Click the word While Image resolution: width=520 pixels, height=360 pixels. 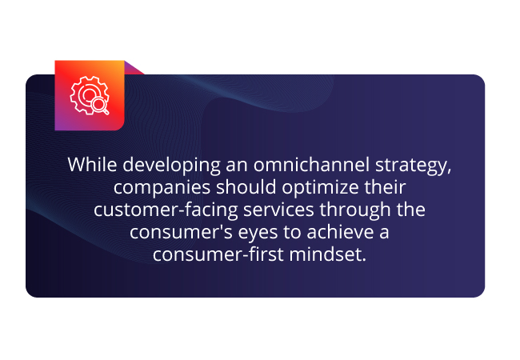pyautogui.click(x=92, y=165)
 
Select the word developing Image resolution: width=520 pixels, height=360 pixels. pyautogui.click(x=171, y=166)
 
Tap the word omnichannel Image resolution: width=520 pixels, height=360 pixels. pyautogui.click(x=311, y=165)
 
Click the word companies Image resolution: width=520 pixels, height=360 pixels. pyautogui.click(x=162, y=188)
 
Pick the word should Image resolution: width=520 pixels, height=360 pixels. pyautogui.click(x=246, y=187)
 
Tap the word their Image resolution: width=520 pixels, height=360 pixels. pyautogui.click(x=385, y=187)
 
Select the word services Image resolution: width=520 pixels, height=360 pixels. pyautogui.click(x=278, y=210)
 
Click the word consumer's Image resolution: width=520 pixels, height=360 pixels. pyautogui.click(x=181, y=232)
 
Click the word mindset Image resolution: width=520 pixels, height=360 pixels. pyautogui.click(x=328, y=254)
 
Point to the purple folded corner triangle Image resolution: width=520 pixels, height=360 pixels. pyautogui.click(x=134, y=68)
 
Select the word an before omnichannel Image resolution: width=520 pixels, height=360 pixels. pyautogui.click(x=237, y=166)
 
